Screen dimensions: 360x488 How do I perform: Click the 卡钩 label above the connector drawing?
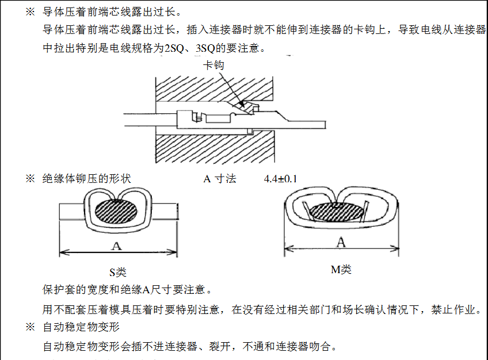tap(213, 66)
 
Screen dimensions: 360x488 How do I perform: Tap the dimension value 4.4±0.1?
tap(280, 179)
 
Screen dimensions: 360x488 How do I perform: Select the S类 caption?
tap(117, 272)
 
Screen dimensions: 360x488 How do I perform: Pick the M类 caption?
tap(341, 269)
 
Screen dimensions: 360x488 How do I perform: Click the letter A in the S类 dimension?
tap(117, 246)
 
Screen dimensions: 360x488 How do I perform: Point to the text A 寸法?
tap(220, 179)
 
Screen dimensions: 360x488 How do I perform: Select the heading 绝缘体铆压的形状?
tap(87, 179)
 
